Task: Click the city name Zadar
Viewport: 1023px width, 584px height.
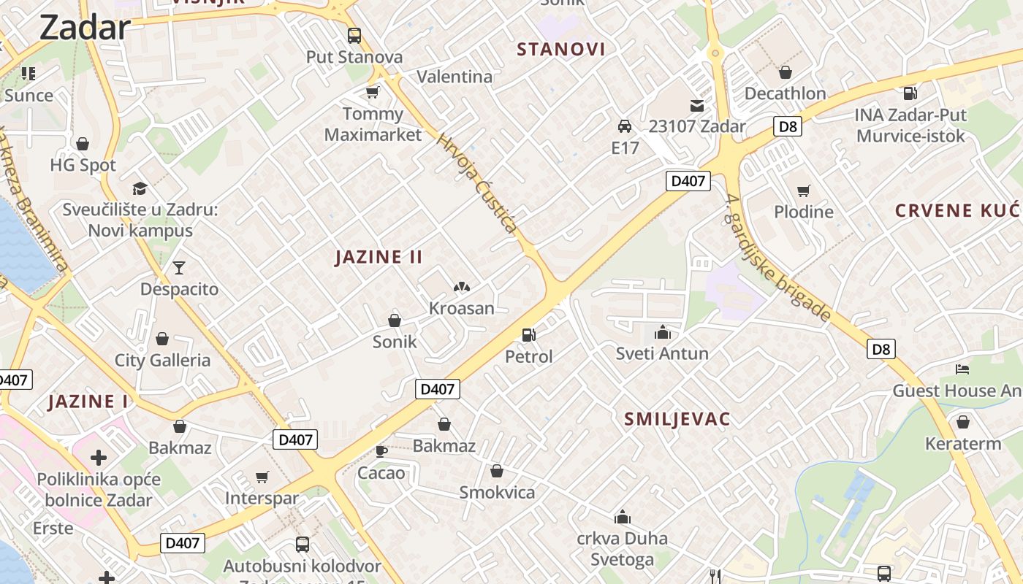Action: click(85, 28)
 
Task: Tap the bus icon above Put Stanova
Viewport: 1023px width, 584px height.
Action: click(354, 35)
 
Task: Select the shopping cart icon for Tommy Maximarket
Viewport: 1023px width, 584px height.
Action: click(373, 92)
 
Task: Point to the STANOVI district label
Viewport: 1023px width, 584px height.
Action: click(561, 50)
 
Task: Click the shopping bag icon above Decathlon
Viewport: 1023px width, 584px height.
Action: click(786, 72)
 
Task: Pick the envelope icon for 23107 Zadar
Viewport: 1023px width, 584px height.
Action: click(697, 106)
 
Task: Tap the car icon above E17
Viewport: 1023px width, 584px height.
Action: click(625, 126)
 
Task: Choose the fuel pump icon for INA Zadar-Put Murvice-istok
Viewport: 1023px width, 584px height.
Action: click(910, 93)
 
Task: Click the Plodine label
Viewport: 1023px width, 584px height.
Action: click(804, 212)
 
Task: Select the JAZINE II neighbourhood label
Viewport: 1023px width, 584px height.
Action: click(379, 257)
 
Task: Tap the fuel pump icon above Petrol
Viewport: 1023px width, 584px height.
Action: click(529, 335)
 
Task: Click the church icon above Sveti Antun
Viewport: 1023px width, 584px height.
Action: click(663, 333)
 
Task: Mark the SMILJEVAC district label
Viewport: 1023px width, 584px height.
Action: click(677, 419)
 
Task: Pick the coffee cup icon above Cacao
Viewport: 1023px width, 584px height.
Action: click(381, 451)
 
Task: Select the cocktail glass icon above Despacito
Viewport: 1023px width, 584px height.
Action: click(179, 268)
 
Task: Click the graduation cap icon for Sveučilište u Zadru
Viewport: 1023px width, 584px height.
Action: click(140, 188)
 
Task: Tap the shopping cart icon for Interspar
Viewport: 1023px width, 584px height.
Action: click(262, 477)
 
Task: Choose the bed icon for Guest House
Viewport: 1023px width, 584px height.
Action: click(962, 369)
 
